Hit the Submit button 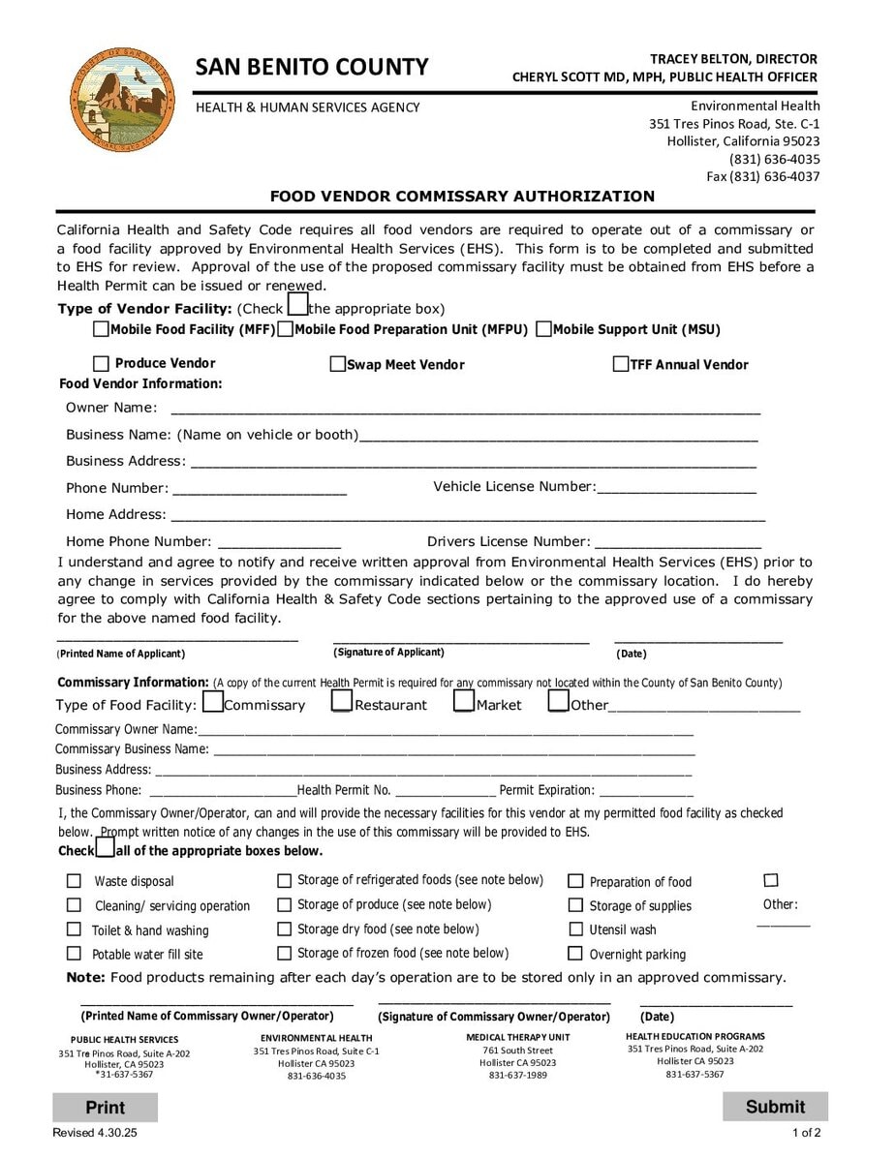[775, 1107]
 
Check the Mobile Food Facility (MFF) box [101, 329]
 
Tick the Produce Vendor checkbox [101, 364]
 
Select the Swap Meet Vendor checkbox [338, 365]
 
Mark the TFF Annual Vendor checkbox [621, 365]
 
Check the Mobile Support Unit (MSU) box [543, 329]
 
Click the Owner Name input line [465, 407]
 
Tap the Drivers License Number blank [677, 541]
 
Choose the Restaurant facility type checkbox [342, 701]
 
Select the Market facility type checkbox [464, 701]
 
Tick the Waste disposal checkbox [74, 881]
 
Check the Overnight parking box [575, 954]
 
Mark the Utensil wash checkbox [575, 929]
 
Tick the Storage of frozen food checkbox [285, 954]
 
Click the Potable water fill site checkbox [74, 954]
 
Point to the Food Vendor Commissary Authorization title [462, 197]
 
